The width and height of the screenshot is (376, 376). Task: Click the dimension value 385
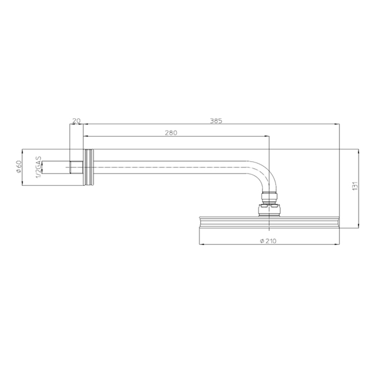pos(216,121)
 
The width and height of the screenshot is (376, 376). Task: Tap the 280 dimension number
pos(171,132)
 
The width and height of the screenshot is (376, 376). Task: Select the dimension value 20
pos(76,121)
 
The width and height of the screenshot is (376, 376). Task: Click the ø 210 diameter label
pos(268,241)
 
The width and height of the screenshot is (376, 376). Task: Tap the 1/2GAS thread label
pos(38,167)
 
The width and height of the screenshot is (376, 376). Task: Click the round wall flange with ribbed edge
pos(89,168)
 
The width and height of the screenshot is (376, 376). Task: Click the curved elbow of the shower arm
pos(262,175)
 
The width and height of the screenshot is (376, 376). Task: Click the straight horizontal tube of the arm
pos(172,168)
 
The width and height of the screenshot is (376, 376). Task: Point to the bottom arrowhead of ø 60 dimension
pos(22,185)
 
